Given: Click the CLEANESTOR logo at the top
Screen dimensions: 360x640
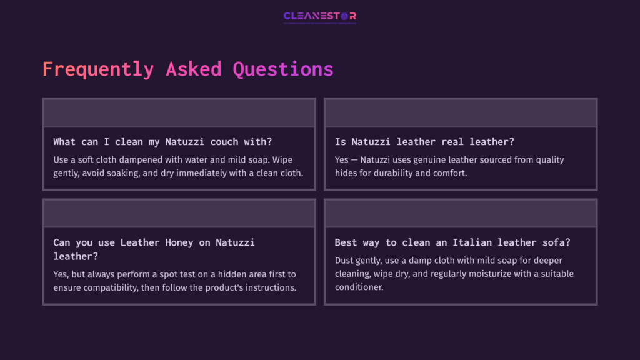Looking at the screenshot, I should [319, 16].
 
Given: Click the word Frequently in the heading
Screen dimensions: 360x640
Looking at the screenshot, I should [97, 69].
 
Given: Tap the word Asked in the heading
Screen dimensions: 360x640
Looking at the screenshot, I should [193, 69].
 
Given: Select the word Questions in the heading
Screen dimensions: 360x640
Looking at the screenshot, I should [283, 69].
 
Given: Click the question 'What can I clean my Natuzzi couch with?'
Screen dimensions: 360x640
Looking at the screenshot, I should [162, 142].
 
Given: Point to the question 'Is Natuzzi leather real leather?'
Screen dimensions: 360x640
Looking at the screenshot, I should [424, 142].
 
